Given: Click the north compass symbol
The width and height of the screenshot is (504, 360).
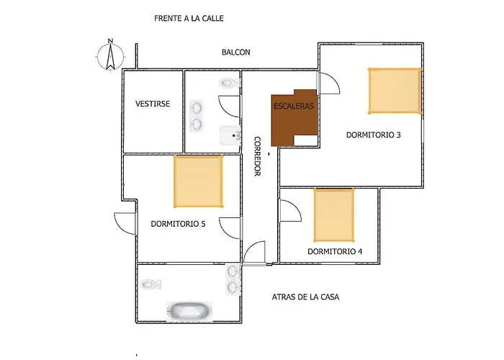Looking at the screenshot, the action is [111, 55].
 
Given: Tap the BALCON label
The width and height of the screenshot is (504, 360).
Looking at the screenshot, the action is [236, 52].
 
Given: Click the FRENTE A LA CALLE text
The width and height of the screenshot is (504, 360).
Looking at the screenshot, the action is [189, 18].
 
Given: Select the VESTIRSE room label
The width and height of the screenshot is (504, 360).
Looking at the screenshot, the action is [153, 104].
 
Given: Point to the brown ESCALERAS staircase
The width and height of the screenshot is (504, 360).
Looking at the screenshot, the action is [294, 117].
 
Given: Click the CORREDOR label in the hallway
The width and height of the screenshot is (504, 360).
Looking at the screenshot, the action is [258, 156].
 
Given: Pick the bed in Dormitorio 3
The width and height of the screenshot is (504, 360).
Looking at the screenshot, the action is [395, 91].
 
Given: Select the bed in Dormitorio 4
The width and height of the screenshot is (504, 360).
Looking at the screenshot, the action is [334, 215].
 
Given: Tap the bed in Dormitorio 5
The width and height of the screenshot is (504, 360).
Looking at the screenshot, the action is [198, 181].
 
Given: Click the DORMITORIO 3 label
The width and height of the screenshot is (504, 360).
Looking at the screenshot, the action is [373, 135].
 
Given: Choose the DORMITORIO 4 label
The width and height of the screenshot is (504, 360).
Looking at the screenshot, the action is [335, 251].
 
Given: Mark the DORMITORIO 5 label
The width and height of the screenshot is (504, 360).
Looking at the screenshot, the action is [178, 224].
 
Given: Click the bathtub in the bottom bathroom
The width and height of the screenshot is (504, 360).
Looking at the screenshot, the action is [189, 310].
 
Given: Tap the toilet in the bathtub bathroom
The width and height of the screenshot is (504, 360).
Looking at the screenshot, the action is [150, 284].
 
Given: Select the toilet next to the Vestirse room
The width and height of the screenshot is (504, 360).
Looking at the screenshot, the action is [230, 83].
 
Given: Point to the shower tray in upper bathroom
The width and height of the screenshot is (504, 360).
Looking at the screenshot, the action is [230, 135].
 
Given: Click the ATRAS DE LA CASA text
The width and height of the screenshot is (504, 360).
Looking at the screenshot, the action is [305, 297].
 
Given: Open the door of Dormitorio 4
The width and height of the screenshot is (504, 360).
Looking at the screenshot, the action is [291, 210].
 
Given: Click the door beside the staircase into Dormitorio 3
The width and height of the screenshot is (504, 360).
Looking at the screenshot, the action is [328, 83].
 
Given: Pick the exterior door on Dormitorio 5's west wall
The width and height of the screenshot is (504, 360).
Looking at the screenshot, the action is [125, 223].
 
